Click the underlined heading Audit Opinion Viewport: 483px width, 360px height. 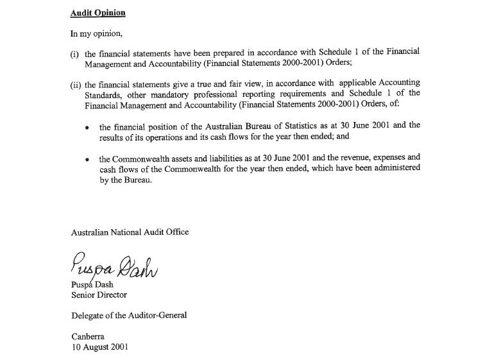[98, 13]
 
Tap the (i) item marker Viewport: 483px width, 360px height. [75, 55]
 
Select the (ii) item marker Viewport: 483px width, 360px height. [76, 85]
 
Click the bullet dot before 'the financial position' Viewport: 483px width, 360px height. [88, 128]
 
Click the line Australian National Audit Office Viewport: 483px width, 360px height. [130, 232]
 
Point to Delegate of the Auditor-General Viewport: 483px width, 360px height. [129, 315]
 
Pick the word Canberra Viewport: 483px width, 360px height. [88, 336]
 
